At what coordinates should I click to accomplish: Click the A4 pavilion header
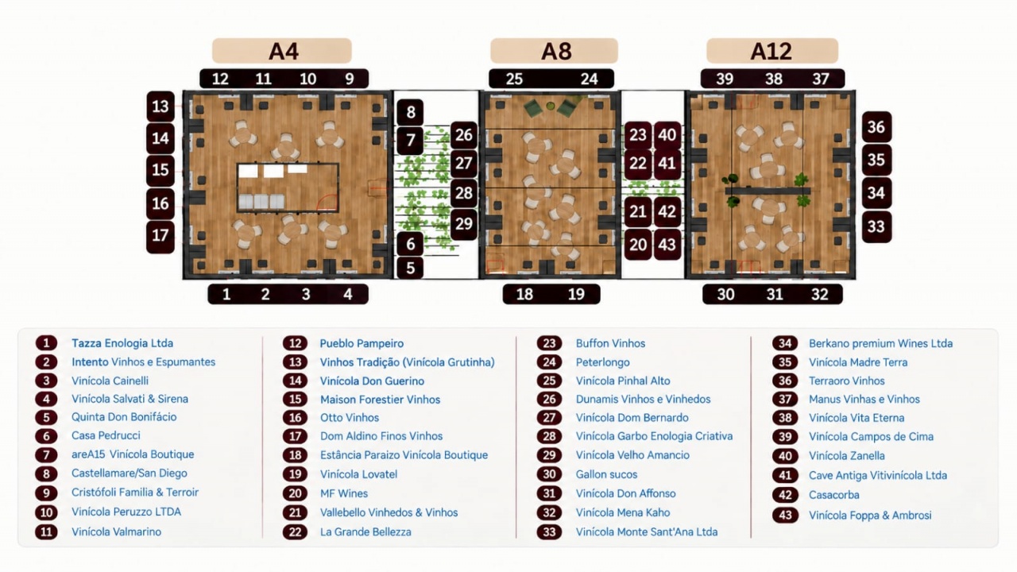point(282,50)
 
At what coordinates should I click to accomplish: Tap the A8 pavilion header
point(554,50)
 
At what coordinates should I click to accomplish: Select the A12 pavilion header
point(771,50)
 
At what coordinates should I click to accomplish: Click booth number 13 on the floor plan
point(160,106)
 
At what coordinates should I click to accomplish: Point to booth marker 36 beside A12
point(876,126)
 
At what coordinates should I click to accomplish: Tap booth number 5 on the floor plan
point(411,268)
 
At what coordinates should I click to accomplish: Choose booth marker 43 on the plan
point(667,245)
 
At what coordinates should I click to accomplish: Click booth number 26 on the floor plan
point(464,135)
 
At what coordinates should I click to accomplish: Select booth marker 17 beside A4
point(160,236)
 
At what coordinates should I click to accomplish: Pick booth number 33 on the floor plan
point(876,226)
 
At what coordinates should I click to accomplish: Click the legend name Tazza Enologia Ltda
point(122,343)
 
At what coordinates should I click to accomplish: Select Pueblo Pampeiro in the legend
point(362,344)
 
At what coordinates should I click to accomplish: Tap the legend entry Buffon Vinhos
point(611,343)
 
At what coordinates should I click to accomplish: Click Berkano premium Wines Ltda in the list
point(881,343)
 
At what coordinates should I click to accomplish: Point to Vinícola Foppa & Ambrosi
point(870,516)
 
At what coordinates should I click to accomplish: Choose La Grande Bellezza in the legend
point(366,531)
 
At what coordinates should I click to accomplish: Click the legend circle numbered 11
point(46,531)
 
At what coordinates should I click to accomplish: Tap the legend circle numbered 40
point(785,456)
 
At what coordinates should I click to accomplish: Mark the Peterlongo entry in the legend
point(603,362)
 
